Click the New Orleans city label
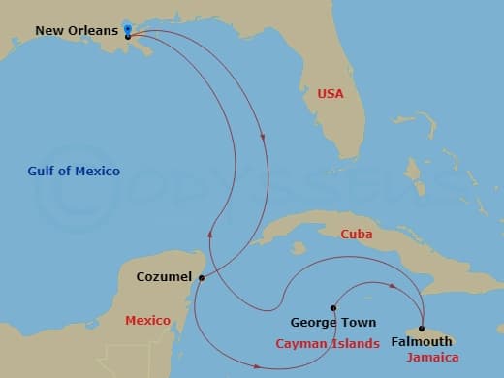[77, 30]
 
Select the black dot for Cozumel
[202, 278]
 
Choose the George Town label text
[333, 322]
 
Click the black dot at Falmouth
[421, 328]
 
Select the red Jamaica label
[426, 360]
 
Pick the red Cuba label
[356, 234]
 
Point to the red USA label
[331, 94]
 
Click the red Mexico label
[148, 320]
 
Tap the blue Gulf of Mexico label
[74, 172]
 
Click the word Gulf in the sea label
[42, 172]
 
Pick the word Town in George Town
[359, 322]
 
